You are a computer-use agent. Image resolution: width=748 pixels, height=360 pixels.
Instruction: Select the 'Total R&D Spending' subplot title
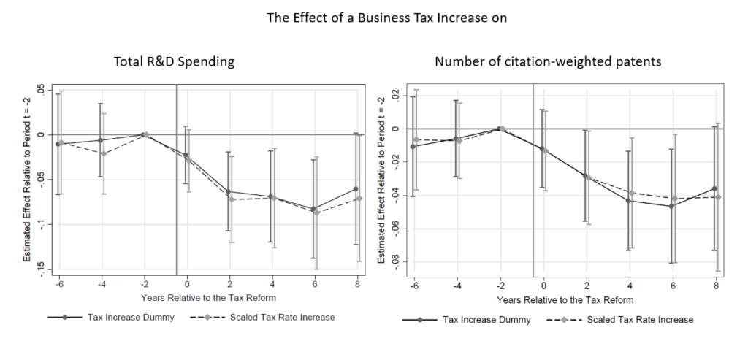pos(174,62)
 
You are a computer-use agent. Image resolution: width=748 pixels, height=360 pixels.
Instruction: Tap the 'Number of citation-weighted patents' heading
pos(548,62)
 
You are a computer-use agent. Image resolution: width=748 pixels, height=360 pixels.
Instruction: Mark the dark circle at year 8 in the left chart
pos(356,189)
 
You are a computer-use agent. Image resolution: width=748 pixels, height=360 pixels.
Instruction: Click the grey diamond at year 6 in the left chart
pos(317,212)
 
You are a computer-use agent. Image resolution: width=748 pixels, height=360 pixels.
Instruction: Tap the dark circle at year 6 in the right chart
pos(672,206)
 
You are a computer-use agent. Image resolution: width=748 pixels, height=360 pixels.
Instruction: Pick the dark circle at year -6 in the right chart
pos(413,146)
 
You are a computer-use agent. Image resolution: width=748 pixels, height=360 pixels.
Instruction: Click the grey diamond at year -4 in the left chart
pos(104,153)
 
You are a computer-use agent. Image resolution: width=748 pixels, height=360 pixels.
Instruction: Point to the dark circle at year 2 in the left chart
pos(228,192)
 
